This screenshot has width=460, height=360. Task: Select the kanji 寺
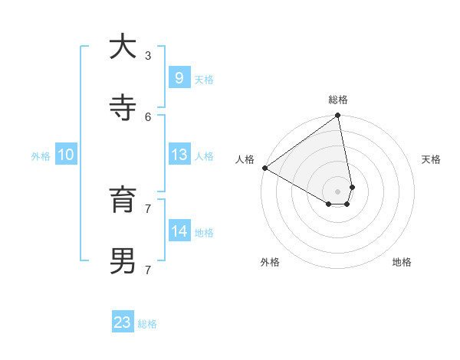[123, 108]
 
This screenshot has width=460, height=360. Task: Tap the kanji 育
[123, 200]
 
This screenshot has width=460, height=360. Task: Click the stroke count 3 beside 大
[148, 55]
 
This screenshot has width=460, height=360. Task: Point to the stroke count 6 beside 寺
[148, 116]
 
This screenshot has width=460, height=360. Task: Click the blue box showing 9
[179, 77]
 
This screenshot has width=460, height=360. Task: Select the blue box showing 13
[179, 155]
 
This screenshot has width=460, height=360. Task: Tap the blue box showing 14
[179, 231]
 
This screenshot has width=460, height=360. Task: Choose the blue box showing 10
[66, 155]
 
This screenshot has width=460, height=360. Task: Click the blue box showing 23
[123, 322]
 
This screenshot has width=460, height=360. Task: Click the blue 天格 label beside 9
[204, 79]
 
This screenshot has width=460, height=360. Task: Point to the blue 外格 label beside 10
[41, 155]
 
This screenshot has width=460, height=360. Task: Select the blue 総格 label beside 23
[147, 324]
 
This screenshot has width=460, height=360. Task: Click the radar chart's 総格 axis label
[338, 100]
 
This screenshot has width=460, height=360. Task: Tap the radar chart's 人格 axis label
[245, 159]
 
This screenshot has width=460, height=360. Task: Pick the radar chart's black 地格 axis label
[402, 262]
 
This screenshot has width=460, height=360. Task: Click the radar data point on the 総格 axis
[338, 116]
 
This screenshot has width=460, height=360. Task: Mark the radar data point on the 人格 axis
[264, 168]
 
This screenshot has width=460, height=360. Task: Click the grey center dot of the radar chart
[338, 191]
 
